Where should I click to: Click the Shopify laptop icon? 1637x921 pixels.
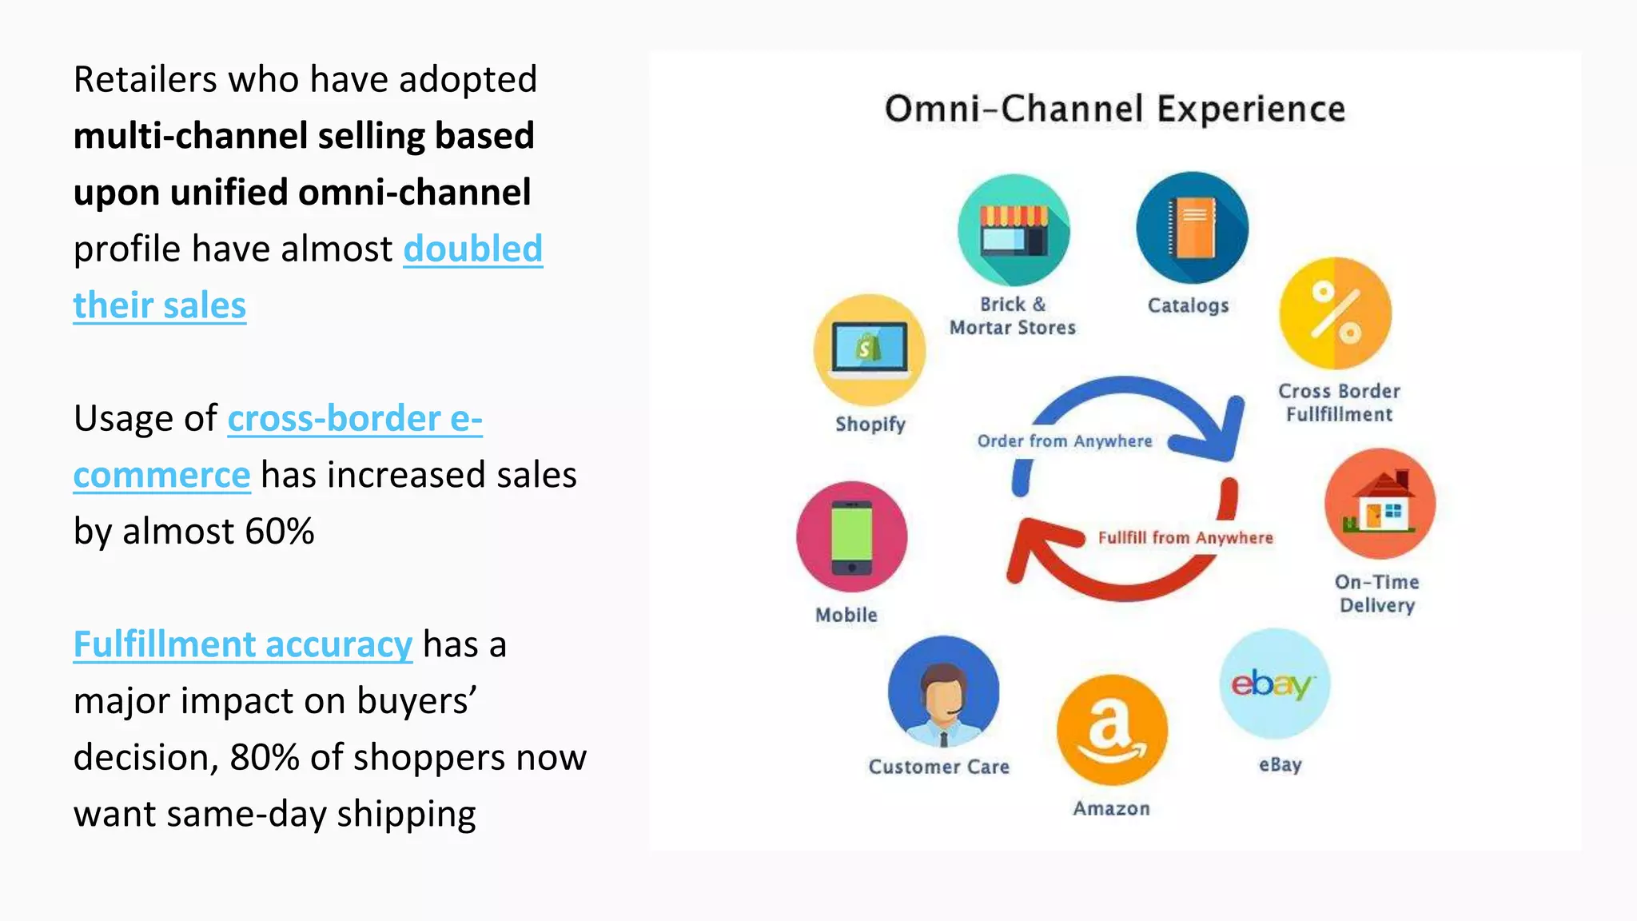point(870,350)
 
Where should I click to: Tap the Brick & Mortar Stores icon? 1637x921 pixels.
point(1014,230)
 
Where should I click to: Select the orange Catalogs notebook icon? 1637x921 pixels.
point(1192,228)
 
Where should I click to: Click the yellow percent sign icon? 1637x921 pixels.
point(1335,313)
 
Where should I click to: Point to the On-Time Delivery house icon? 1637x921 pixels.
point(1380,504)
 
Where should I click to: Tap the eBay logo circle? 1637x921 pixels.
point(1274,684)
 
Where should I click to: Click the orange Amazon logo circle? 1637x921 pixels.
point(1112,730)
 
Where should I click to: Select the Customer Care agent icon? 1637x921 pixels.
point(943,692)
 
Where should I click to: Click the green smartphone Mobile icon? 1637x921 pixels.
point(852,536)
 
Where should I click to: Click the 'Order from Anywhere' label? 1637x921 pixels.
point(1065,441)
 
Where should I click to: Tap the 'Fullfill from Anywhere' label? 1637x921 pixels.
point(1185,538)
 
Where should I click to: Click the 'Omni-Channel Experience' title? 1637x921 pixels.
point(1114,109)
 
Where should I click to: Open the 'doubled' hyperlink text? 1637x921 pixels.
point(472,249)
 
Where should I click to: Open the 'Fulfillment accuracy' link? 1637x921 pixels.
point(243,644)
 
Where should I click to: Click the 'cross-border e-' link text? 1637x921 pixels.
point(355,418)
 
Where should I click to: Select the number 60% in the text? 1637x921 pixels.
point(280,532)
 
